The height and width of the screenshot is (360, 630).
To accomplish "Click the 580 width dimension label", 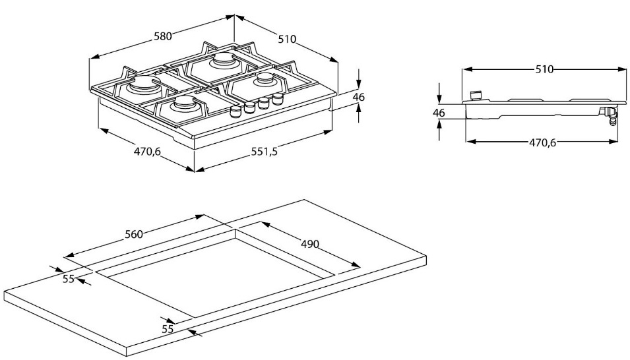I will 163,37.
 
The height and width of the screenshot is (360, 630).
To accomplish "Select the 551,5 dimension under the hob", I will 264,152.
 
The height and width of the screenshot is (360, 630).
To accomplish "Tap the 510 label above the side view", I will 544,69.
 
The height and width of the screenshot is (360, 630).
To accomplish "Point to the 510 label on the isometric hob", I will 287,39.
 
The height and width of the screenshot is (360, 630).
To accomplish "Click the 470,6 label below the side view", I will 544,141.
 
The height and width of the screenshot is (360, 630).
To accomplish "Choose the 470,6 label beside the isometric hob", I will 148,151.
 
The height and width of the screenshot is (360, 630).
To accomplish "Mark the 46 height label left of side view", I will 439,113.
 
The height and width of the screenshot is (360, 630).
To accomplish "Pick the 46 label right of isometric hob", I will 358,97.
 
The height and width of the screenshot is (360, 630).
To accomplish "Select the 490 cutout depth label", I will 310,243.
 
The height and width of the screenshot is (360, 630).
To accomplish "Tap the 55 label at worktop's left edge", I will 69,279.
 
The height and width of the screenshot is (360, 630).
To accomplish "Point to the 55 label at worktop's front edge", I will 168,328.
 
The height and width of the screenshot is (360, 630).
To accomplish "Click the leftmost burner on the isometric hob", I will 144,84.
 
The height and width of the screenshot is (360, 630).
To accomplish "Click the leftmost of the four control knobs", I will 235,111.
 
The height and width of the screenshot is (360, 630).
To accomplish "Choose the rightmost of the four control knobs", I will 278,99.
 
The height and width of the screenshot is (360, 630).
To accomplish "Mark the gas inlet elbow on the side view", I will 612,117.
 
